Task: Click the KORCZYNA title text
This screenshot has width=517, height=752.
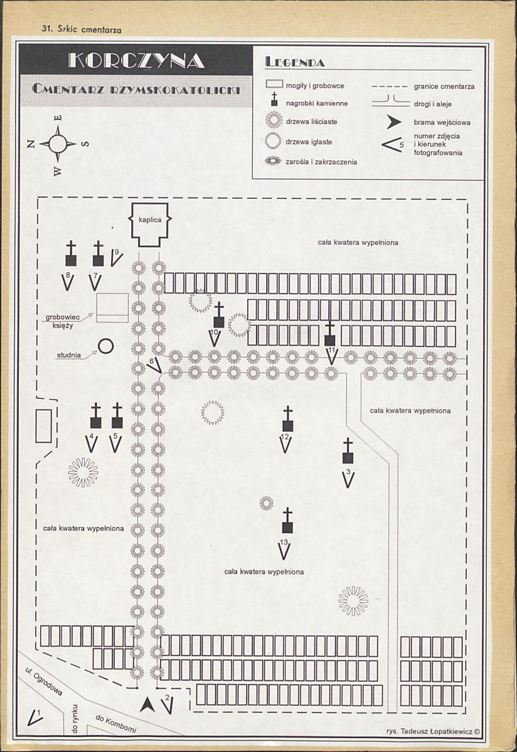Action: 137,60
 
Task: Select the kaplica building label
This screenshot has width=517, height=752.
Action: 149,220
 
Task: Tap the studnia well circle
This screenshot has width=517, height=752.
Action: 106,346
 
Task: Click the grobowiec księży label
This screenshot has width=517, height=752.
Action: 62,321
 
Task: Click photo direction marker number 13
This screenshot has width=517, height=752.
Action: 284,549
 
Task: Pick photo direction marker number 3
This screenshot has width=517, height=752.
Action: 349,478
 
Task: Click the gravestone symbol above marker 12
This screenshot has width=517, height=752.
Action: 288,419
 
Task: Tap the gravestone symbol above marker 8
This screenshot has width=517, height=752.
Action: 71,253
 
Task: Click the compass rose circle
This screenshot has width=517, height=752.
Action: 58,143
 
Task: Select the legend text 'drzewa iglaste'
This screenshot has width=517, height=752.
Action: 309,142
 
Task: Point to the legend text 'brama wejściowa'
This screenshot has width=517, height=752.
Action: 442,122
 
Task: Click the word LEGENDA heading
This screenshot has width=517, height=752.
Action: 295,62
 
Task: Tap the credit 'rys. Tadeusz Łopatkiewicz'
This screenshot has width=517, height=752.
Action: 430,731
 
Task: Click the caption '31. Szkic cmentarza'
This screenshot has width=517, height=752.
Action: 82,29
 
